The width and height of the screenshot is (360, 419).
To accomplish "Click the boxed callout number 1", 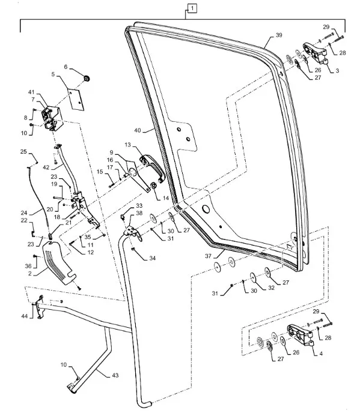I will coord(192,8).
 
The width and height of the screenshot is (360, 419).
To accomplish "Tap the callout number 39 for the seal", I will coord(278,37).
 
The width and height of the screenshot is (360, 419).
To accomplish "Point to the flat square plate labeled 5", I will coord(75,98).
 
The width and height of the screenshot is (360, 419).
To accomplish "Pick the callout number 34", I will coord(153,258).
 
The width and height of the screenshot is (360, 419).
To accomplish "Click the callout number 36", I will coord(28,266).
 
